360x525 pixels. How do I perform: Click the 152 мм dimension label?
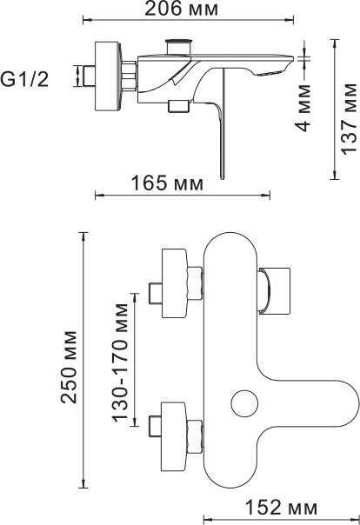point(279,507)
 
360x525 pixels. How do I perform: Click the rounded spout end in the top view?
point(343,404)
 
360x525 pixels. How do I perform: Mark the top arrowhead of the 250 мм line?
point(83,236)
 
